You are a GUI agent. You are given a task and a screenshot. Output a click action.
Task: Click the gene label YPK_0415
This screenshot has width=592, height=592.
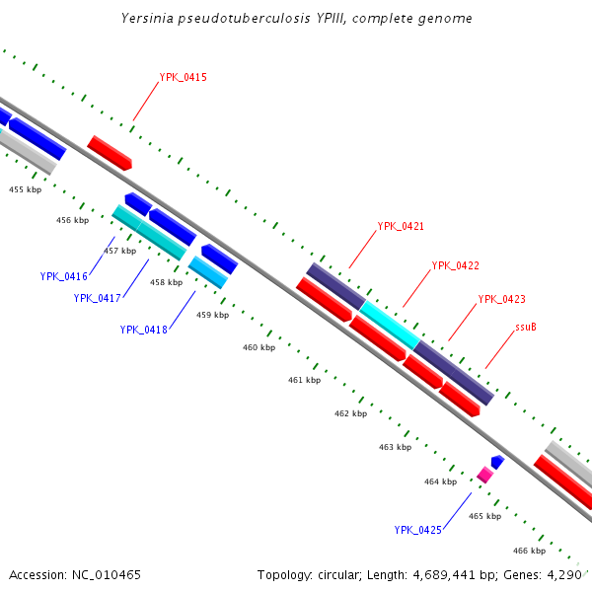click(x=183, y=77)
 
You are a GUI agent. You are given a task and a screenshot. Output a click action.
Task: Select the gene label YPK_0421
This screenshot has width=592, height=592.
click(x=401, y=227)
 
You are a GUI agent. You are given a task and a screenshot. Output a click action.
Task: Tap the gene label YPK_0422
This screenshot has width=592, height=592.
click(x=455, y=265)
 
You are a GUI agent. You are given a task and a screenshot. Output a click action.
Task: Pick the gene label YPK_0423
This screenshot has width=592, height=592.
click(x=501, y=300)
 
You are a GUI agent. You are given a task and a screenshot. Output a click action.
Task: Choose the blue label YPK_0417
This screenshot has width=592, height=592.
click(x=97, y=298)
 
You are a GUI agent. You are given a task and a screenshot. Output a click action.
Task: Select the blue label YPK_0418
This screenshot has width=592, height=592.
click(x=144, y=330)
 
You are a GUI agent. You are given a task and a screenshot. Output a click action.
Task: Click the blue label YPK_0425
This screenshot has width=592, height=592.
click(x=418, y=530)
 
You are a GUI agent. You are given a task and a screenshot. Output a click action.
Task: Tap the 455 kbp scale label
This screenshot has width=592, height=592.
click(x=26, y=188)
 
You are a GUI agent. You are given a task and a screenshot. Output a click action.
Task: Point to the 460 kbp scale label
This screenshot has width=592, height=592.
click(x=259, y=347)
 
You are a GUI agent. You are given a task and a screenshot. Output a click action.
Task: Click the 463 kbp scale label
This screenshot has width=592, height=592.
click(x=395, y=447)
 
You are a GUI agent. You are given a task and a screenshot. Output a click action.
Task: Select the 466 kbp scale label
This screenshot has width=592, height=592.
click(x=530, y=551)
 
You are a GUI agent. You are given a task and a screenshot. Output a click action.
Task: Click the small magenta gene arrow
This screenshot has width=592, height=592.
click(x=484, y=475)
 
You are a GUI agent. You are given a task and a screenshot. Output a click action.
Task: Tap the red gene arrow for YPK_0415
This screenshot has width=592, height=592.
click(x=110, y=152)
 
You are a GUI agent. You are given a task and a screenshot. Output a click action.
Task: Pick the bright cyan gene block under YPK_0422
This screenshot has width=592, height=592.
click(x=389, y=323)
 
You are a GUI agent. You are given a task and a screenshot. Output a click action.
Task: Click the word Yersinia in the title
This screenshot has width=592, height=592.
click(x=149, y=19)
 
